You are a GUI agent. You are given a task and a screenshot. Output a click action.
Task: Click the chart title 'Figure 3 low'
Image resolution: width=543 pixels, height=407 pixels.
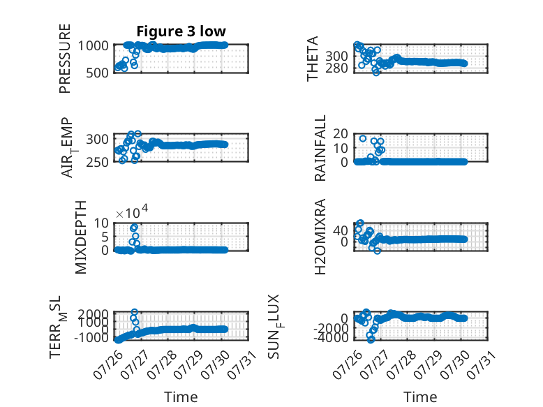(x=181, y=31)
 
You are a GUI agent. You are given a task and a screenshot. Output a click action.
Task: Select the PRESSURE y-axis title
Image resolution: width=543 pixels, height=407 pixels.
(x=65, y=59)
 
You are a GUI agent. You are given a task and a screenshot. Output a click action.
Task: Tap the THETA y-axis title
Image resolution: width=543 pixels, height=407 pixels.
(x=313, y=59)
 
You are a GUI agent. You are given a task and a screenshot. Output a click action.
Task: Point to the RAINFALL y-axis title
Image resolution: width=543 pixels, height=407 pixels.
(x=320, y=148)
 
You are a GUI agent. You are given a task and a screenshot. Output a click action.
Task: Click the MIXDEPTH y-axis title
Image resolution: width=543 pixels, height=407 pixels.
(x=80, y=237)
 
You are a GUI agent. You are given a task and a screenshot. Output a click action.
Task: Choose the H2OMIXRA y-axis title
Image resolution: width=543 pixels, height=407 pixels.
(x=320, y=237)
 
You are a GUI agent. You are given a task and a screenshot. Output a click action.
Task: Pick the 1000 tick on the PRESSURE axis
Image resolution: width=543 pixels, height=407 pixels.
(x=93, y=45)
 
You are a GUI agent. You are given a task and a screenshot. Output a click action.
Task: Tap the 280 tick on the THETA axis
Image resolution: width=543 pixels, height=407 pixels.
(x=336, y=68)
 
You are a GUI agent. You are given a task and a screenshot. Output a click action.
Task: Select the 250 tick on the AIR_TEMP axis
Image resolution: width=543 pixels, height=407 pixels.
(x=97, y=162)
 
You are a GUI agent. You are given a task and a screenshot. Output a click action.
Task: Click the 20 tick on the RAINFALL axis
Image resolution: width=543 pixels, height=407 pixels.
(x=341, y=133)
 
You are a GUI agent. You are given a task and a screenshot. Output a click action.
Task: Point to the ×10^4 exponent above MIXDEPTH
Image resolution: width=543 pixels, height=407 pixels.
(x=132, y=212)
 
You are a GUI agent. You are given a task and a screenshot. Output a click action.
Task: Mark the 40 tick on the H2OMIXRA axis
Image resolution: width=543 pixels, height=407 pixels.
(x=341, y=230)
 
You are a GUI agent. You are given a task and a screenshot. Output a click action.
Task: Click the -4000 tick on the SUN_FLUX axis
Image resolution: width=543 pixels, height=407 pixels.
(x=331, y=337)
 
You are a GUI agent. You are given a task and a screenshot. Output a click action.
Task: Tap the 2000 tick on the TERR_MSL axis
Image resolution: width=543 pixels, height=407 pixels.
(x=93, y=315)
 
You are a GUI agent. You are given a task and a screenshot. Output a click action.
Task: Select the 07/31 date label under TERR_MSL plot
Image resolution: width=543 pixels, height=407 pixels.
(x=242, y=364)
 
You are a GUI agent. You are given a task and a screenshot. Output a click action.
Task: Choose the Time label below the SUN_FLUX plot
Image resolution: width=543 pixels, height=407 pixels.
(x=420, y=397)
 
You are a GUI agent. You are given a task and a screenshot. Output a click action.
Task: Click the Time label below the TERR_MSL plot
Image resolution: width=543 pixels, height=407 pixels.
(x=181, y=397)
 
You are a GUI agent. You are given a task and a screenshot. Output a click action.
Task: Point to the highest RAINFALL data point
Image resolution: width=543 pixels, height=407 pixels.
(x=362, y=138)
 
